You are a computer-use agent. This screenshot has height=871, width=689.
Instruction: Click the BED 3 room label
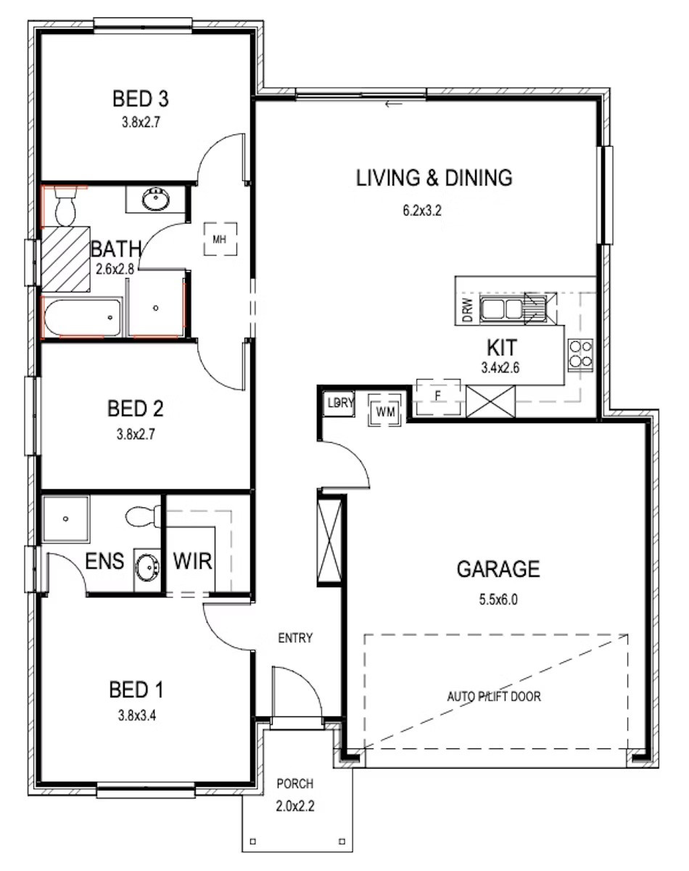coord(140,99)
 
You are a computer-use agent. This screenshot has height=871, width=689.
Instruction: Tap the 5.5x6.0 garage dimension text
coord(498,600)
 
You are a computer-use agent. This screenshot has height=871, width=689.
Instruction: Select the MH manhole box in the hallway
coord(220,240)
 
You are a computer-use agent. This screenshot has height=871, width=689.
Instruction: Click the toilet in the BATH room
coord(65,206)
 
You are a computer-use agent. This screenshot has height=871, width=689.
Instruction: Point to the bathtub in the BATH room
coord(82,317)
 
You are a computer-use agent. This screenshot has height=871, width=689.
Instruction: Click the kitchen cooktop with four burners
coord(580,355)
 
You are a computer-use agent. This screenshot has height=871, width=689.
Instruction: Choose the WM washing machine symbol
coord(385,412)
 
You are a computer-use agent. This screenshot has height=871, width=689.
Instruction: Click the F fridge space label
coord(437,396)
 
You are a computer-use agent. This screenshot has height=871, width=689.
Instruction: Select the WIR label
coord(192,561)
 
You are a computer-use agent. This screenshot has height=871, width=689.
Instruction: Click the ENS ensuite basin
coord(147,567)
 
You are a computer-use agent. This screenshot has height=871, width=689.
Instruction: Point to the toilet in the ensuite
coord(143,517)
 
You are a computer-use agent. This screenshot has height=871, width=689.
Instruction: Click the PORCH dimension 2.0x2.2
coord(295,806)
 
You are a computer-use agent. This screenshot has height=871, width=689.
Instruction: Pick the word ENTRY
coord(295,638)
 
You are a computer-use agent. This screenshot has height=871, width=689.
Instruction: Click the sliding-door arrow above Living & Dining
coord(394,105)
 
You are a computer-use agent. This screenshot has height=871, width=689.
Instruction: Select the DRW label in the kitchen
coord(467,310)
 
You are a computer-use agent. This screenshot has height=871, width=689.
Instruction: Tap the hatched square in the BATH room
coord(65,259)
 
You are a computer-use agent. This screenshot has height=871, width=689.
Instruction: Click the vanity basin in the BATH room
coord(156,199)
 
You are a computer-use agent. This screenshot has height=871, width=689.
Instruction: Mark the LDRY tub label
coord(340,403)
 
